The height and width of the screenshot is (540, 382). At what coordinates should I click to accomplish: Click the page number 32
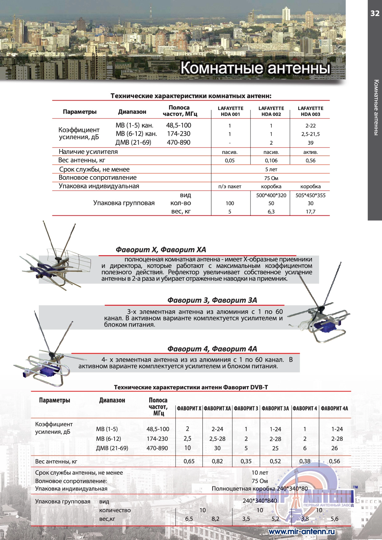375,13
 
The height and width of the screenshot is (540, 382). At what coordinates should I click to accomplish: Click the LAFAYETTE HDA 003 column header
311,111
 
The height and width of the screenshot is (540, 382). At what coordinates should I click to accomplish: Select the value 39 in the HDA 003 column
311,143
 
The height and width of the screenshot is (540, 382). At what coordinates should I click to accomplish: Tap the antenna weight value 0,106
271,160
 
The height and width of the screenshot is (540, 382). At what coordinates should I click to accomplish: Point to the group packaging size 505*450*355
311,195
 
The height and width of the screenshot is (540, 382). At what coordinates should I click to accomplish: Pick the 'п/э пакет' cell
230,187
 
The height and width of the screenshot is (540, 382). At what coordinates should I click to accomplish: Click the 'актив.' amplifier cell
311,152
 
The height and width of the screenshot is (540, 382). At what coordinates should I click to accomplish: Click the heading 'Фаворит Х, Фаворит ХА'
161,250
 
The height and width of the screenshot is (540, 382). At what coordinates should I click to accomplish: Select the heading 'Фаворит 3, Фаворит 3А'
212,300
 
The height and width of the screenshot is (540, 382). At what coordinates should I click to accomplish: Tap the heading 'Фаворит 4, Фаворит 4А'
212,349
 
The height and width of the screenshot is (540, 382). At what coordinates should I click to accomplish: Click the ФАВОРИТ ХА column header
217,409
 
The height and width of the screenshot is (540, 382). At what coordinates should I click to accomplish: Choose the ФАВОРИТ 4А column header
335,409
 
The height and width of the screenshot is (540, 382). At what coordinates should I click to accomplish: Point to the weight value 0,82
217,461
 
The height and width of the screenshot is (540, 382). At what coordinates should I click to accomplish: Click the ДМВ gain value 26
335,448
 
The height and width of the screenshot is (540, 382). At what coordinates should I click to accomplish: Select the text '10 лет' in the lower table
260,473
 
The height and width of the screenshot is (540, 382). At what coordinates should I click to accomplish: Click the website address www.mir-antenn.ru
301,532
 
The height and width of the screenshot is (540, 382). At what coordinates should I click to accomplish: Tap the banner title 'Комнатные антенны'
255,68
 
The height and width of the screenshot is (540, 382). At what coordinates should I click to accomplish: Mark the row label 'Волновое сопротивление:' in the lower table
71,481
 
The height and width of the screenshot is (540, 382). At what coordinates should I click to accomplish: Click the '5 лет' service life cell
271,169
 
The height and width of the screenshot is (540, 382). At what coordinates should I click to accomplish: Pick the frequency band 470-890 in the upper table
179,143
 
